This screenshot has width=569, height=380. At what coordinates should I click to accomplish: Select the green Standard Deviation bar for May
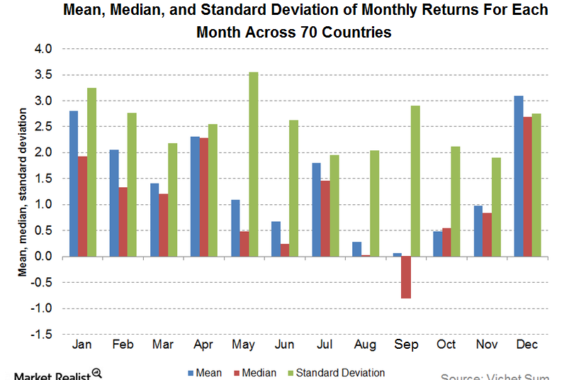[x=253, y=164]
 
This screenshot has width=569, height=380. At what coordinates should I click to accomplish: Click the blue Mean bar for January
[x=73, y=184]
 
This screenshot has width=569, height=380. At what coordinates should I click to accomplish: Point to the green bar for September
[x=415, y=181]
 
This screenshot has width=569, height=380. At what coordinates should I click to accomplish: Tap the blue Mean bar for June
[x=276, y=239]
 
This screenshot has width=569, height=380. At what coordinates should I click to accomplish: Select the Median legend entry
[x=255, y=372]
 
